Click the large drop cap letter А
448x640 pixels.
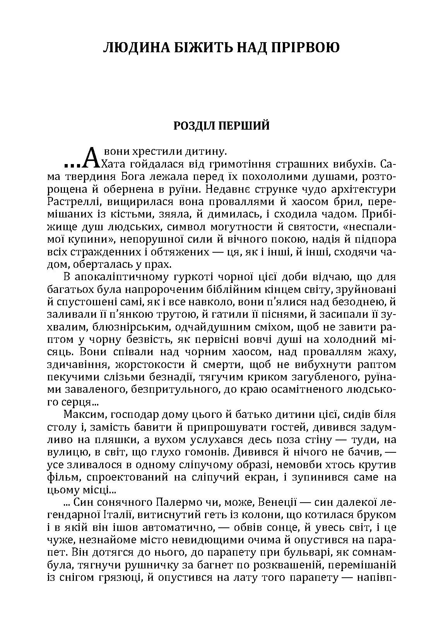[91, 159]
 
